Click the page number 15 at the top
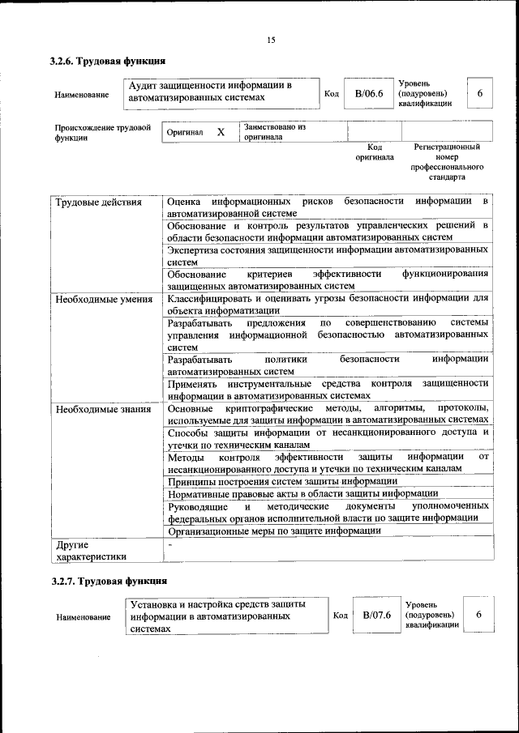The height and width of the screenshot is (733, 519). pyautogui.click(x=271, y=40)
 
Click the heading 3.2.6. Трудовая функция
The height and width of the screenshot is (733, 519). pyautogui.click(x=108, y=61)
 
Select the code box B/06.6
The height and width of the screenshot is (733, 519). pyautogui.click(x=368, y=94)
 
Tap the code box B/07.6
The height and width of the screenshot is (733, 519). pyautogui.click(x=376, y=616)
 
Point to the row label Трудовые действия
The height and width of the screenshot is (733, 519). pyautogui.click(x=97, y=202)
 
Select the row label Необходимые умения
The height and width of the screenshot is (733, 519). pyautogui.click(x=103, y=299)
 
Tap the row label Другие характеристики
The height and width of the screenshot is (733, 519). pyautogui.click(x=90, y=551)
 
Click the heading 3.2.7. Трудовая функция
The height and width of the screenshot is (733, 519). pyautogui.click(x=108, y=582)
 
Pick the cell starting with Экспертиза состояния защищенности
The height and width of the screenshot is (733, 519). pyautogui.click(x=328, y=256)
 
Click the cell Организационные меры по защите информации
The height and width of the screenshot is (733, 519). pyautogui.click(x=274, y=531)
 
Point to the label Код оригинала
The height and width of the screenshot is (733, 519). pyautogui.click(x=374, y=152)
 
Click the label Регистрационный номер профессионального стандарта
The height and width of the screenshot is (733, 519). pyautogui.click(x=447, y=161)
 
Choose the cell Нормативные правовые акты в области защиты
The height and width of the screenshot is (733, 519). pyautogui.click(x=302, y=493)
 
